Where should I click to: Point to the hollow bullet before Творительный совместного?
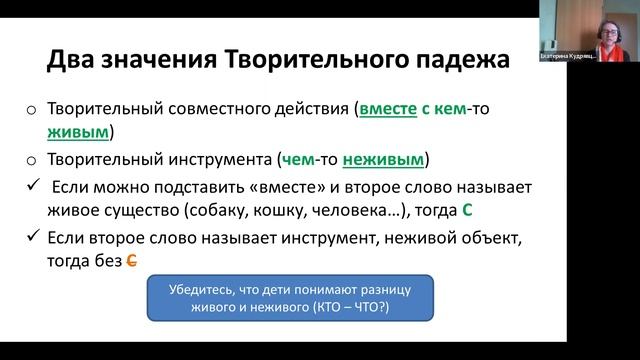33,111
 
